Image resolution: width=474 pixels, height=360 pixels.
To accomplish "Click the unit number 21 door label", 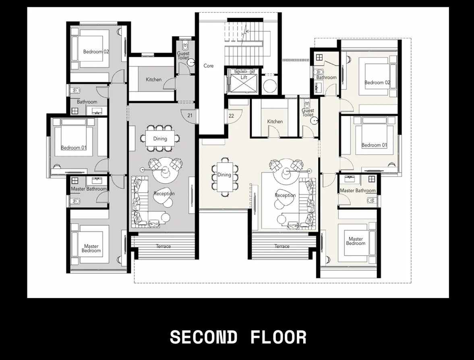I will (x=190, y=116).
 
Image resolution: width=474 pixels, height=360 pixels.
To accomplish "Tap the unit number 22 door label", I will (x=231, y=116).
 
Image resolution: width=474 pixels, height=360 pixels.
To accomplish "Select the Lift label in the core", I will (x=244, y=78).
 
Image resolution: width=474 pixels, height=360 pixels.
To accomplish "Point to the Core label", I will (x=209, y=66).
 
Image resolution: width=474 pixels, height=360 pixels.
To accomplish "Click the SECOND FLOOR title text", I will (x=238, y=337).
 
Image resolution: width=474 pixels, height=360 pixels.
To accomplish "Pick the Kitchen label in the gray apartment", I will (x=153, y=80).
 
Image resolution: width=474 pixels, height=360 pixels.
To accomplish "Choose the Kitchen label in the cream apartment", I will (x=275, y=122).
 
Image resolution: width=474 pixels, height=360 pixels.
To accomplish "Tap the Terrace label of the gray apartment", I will (x=163, y=246).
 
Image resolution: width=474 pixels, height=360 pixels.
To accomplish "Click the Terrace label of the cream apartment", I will (x=282, y=246).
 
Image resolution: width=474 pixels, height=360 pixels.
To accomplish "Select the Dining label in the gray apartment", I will (x=160, y=139).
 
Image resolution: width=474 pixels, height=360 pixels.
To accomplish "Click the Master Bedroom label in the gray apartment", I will (x=91, y=248).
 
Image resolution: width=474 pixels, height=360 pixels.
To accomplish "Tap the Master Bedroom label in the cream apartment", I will (x=356, y=241).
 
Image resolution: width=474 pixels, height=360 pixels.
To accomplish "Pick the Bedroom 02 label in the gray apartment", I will (x=96, y=52).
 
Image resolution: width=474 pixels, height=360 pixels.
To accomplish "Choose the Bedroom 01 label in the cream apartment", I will (x=374, y=145).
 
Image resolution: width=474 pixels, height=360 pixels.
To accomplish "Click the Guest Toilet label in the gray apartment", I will (x=183, y=56).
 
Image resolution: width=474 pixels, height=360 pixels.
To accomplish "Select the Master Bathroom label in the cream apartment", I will (x=358, y=190).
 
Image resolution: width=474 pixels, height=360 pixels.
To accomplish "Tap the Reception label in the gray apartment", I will (x=164, y=194).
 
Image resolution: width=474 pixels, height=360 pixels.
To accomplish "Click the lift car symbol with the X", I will (x=244, y=85).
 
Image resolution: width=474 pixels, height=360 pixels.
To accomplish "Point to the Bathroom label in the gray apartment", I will (x=87, y=102).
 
